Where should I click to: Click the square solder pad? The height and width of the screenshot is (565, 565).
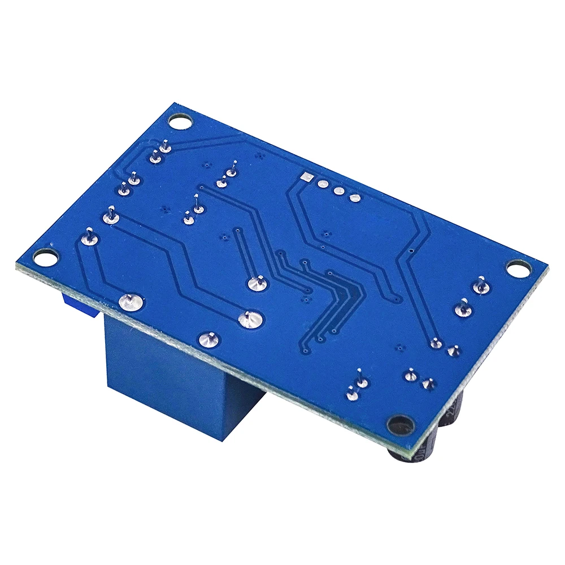[307, 178]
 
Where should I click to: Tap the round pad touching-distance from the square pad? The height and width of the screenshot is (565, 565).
[323, 184]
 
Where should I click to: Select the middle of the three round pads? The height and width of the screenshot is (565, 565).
[338, 191]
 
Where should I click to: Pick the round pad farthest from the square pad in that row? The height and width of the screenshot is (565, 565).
[355, 198]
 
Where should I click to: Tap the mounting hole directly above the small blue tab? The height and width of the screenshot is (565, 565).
[45, 257]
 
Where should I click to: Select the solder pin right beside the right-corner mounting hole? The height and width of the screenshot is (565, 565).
[481, 286]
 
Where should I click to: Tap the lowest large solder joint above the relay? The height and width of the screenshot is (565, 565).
[208, 339]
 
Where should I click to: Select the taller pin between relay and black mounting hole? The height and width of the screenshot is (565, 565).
[361, 381]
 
